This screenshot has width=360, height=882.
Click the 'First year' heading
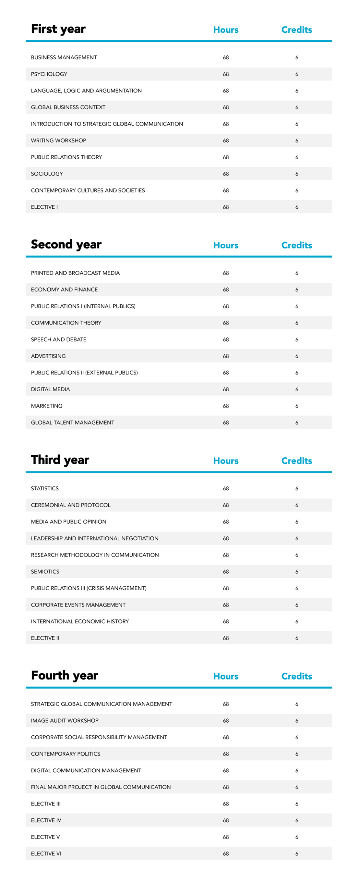(x=58, y=29)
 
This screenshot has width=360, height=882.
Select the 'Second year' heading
(x=66, y=244)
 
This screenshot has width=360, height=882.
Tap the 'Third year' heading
(x=60, y=460)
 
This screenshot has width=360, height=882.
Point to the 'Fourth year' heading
(x=64, y=675)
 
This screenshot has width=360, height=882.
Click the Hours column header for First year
(x=226, y=30)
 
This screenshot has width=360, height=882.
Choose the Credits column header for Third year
(x=296, y=460)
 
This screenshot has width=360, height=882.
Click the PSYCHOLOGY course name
(x=49, y=74)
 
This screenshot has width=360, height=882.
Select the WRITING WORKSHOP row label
(x=58, y=141)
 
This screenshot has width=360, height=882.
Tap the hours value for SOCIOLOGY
(x=226, y=174)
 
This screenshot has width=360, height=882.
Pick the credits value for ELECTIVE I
(x=297, y=207)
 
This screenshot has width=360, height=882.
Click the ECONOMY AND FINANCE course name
(x=64, y=289)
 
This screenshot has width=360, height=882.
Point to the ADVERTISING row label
(x=48, y=356)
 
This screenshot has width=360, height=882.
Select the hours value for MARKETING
(x=226, y=406)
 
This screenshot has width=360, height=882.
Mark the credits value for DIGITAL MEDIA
(x=297, y=389)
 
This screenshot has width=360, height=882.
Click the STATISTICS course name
(x=45, y=488)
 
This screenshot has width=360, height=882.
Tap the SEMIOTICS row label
(x=45, y=571)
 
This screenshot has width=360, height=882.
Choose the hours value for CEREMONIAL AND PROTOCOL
(x=226, y=505)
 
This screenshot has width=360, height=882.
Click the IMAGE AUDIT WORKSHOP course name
(x=65, y=720)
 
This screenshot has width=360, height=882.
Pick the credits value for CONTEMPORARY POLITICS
(x=297, y=753)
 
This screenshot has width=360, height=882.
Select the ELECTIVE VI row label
(x=46, y=853)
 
